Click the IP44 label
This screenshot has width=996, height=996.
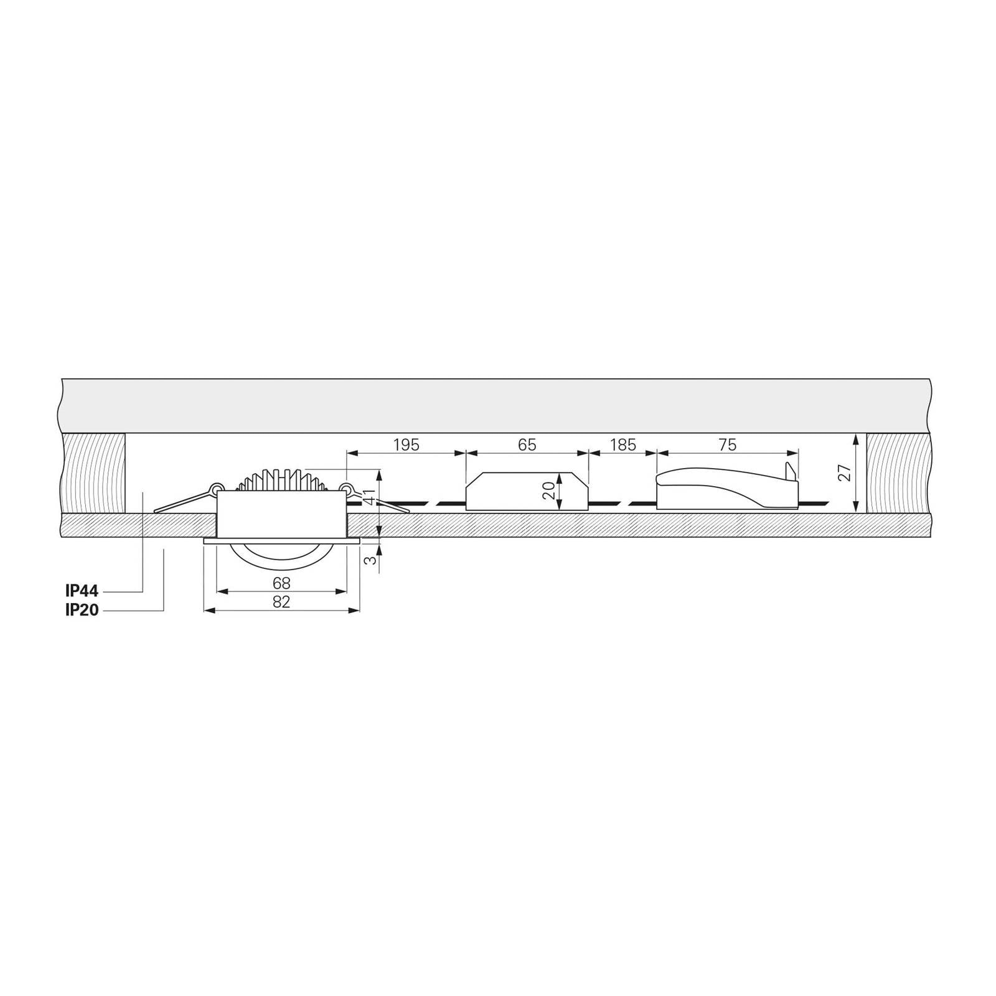coord(82,591)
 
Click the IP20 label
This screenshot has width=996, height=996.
coord(82,610)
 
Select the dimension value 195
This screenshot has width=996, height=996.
coord(406,445)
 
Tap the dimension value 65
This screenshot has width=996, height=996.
coord(527,445)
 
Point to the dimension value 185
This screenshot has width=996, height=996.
coord(622,445)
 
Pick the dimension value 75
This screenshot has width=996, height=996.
coord(727,445)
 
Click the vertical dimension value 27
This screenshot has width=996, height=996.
coord(845,472)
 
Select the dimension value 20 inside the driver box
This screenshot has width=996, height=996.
coord(548,491)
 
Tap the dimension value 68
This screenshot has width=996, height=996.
coord(281,583)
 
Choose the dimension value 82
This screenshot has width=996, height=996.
coord(281,602)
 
